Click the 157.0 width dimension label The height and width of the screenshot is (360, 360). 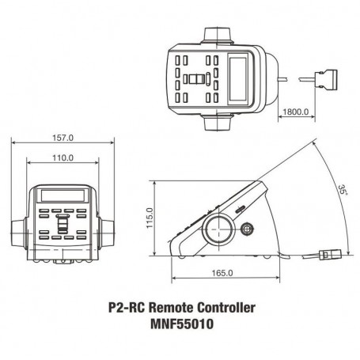pyautogui.click(x=63, y=138)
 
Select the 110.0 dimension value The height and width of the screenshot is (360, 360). pyautogui.click(x=63, y=158)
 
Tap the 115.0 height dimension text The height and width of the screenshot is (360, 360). pyautogui.click(x=150, y=218)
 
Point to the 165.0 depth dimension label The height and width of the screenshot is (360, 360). pyautogui.click(x=222, y=273)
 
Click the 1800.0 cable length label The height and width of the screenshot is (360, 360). pyautogui.click(x=296, y=112)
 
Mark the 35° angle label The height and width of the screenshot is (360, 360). pyautogui.click(x=343, y=190)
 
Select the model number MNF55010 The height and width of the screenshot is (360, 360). pyautogui.click(x=182, y=324)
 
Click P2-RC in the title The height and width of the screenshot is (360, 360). pyautogui.click(x=127, y=308)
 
